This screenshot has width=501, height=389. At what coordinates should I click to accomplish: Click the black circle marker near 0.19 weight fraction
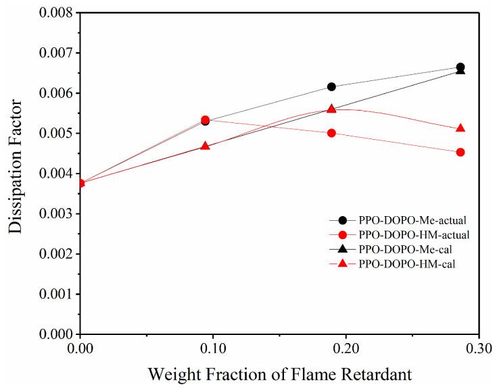click(331, 86)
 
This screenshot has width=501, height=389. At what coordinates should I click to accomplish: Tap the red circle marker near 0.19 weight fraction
click(331, 133)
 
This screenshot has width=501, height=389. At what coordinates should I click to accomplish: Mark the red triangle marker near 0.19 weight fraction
click(331, 109)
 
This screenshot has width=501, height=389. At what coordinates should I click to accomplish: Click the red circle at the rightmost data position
click(460, 152)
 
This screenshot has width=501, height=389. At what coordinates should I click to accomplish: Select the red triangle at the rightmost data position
click(460, 128)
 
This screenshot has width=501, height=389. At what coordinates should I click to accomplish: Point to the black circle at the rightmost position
click(460, 67)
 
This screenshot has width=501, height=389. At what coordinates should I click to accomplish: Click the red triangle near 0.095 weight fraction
click(206, 146)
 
